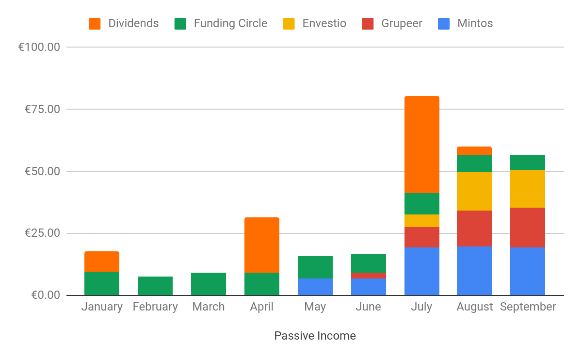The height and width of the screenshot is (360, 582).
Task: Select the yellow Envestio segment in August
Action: tap(474, 191)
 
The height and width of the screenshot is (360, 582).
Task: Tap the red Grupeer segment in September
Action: tap(528, 228)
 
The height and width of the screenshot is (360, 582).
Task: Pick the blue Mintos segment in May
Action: tap(315, 287)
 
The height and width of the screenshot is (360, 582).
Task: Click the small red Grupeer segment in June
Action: tap(369, 275)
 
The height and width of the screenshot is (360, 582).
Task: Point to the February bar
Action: tap(155, 286)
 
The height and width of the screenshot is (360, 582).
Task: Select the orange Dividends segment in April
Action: tap(262, 245)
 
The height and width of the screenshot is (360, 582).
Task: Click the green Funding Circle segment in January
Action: tap(102, 283)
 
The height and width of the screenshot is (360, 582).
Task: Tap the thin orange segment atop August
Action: tap(474, 151)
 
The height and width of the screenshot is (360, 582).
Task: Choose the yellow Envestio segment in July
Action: tap(421, 221)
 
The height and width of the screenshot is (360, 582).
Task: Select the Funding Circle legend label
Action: tap(230, 23)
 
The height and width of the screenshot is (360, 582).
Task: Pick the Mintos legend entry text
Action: tap(475, 23)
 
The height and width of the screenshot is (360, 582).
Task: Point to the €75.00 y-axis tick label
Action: tap(42, 109)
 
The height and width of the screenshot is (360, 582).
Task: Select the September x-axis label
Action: tap(528, 307)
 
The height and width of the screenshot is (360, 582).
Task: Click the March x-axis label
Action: tap(209, 307)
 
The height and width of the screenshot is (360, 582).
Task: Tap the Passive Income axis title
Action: tap(315, 336)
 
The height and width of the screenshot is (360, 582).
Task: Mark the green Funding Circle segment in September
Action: tap(528, 163)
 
